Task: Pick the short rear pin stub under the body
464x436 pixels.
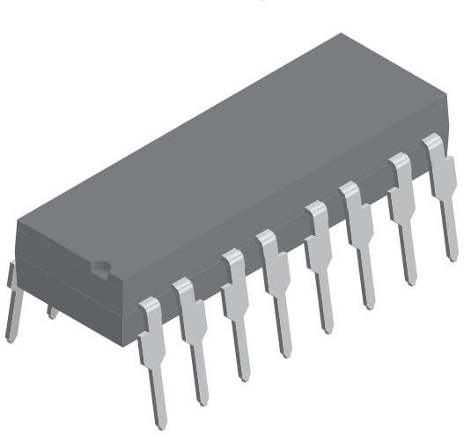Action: [53, 310]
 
